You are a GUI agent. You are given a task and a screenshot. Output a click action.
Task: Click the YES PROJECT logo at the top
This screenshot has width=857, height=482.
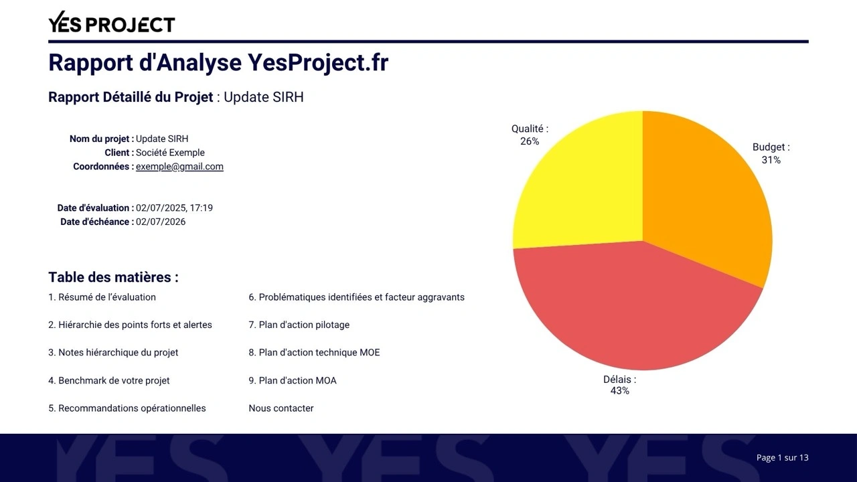pyautogui.click(x=112, y=22)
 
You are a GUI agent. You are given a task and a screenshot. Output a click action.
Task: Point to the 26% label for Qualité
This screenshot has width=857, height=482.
pyautogui.click(x=530, y=141)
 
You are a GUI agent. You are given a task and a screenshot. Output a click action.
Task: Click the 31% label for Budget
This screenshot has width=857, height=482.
pyautogui.click(x=771, y=160)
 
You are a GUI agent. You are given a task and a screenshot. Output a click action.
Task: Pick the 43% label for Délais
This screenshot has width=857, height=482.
pyautogui.click(x=620, y=390)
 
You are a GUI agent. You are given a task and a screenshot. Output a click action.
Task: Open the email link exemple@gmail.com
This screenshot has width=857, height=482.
pyautogui.click(x=179, y=167)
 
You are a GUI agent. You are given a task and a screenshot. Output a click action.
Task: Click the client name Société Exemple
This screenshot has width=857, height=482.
pyautogui.click(x=170, y=153)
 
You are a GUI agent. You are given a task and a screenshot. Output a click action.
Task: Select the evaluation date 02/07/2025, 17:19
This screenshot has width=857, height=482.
pyautogui.click(x=174, y=208)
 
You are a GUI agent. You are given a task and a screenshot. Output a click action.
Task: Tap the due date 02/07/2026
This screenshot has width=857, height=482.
pyautogui.click(x=161, y=222)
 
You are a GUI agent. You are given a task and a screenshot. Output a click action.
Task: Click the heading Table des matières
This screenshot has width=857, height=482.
pyautogui.click(x=113, y=277)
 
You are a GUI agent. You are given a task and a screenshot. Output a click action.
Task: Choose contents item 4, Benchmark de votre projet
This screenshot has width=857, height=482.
pyautogui.click(x=109, y=381)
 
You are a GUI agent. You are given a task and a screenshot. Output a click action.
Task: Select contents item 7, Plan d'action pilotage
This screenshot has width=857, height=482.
pyautogui.click(x=299, y=325)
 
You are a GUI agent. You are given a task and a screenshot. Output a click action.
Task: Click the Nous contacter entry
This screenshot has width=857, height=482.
pyautogui.click(x=281, y=408)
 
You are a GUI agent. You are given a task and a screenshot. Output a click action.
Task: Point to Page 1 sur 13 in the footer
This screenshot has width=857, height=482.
pyautogui.click(x=783, y=457)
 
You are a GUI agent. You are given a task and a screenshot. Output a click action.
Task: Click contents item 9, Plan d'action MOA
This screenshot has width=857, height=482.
pyautogui.click(x=293, y=381)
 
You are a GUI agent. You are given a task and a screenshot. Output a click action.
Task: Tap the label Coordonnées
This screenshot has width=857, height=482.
pyautogui.click(x=101, y=167)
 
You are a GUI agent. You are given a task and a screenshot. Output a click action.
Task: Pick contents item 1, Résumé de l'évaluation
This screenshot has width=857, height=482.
pyautogui.click(x=102, y=297)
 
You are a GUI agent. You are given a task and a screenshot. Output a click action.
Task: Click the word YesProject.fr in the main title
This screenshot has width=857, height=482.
pyautogui.click(x=318, y=62)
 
